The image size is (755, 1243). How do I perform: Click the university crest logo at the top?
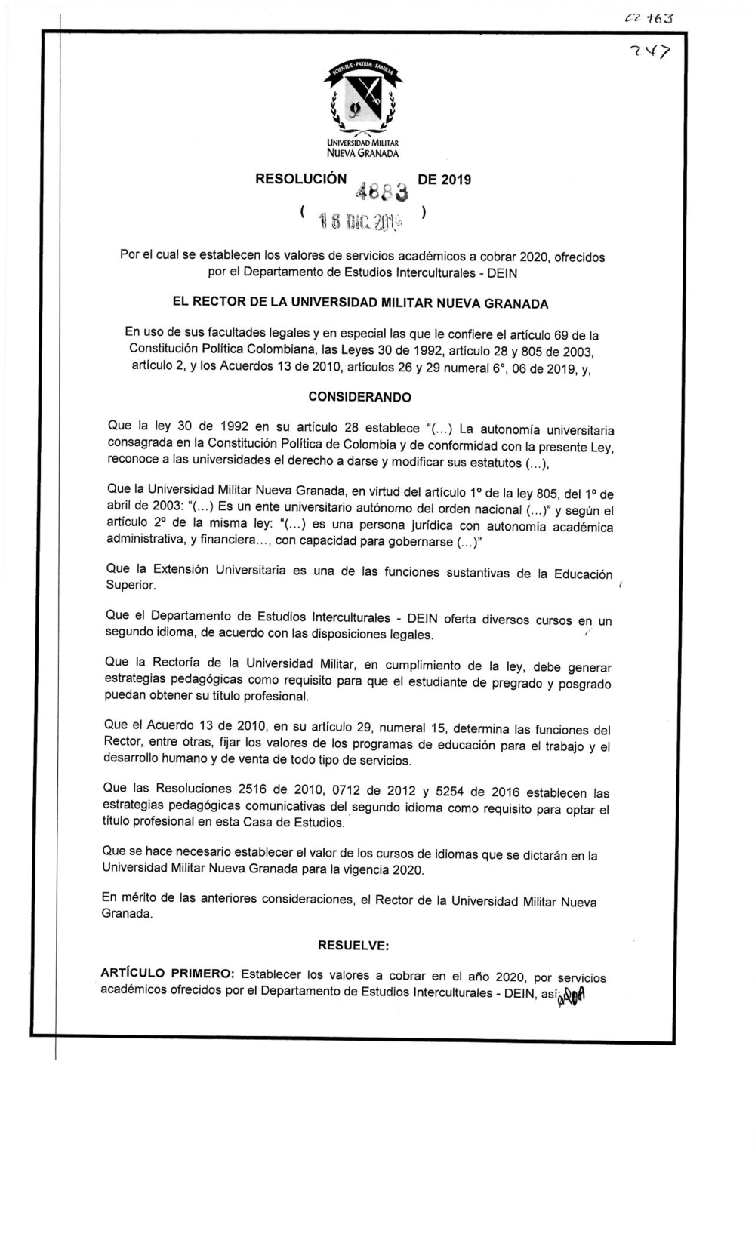(362, 97)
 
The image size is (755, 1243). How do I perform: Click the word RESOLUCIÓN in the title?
(300, 180)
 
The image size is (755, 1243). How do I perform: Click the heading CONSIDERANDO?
(360, 397)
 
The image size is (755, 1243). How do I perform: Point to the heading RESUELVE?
(353, 945)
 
